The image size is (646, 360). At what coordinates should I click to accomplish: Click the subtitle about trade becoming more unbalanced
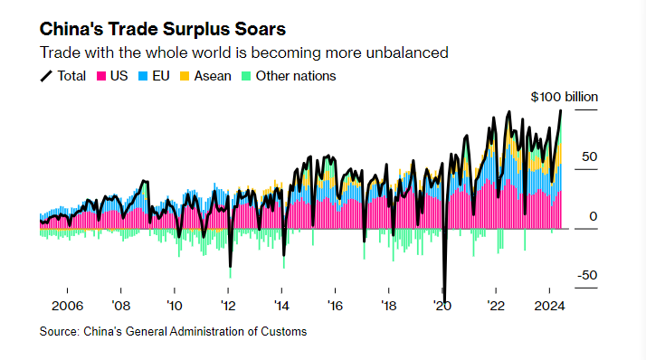click(243, 52)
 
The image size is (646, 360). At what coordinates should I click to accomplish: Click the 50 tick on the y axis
click(589, 156)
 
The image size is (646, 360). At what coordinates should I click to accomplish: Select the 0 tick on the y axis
click(594, 216)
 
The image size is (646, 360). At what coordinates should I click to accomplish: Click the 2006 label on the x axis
click(69, 305)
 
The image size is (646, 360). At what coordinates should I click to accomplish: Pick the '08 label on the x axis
click(120, 305)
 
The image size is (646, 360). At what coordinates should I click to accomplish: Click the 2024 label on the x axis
click(550, 305)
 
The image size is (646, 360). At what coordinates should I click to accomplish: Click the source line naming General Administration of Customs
click(173, 332)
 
